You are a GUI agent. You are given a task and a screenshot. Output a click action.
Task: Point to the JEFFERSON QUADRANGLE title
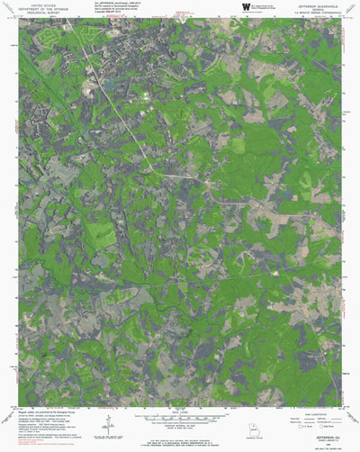(318, 5)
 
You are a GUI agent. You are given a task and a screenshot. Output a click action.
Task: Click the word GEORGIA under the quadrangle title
(318, 9)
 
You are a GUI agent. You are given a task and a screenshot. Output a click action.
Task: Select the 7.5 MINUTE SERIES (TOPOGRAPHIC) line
(318, 14)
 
